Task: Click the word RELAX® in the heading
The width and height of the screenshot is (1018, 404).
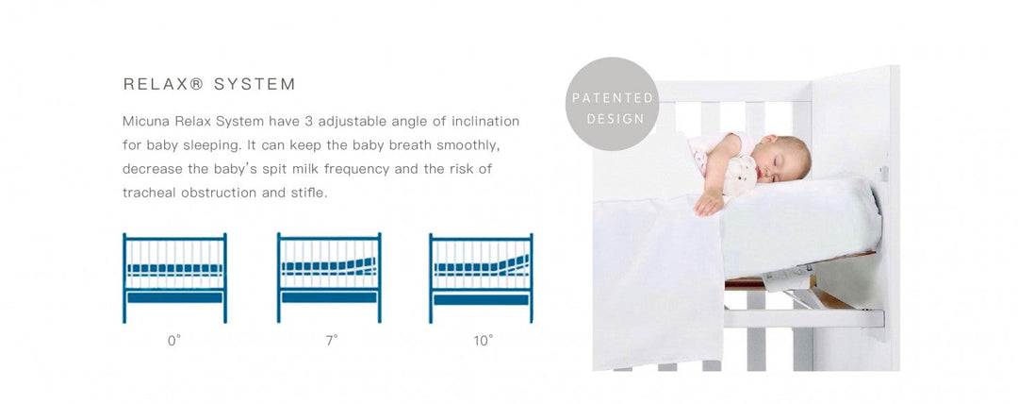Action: (x=163, y=84)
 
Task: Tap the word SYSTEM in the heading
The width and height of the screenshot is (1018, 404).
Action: (x=254, y=84)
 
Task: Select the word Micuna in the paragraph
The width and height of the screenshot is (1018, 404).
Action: (x=140, y=121)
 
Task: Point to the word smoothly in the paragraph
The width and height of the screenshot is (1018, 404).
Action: (x=468, y=145)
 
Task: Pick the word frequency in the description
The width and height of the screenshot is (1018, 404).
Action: (x=356, y=169)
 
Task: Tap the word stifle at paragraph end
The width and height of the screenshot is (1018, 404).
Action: (x=311, y=193)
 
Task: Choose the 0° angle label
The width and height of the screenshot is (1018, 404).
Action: (x=174, y=341)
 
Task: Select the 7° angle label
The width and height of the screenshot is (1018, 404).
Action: (x=332, y=341)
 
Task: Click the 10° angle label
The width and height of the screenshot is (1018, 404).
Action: (x=483, y=341)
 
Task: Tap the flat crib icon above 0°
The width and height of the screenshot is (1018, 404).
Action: (x=174, y=278)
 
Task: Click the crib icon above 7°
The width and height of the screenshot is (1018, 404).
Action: (x=329, y=278)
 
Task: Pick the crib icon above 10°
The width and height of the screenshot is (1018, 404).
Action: (x=481, y=278)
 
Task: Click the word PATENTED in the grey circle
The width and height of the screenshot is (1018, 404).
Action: (x=613, y=98)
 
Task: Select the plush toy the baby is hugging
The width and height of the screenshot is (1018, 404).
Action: (x=740, y=176)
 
